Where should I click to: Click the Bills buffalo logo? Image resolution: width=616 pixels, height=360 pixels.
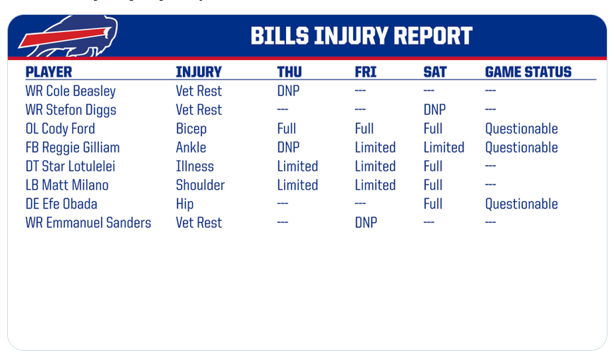click(69, 37)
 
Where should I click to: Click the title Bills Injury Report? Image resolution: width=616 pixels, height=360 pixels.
click(362, 36)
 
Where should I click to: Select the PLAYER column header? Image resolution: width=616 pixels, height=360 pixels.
click(49, 72)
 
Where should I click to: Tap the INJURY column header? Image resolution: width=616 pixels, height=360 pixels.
click(199, 72)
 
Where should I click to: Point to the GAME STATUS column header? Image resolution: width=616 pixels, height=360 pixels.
click(528, 72)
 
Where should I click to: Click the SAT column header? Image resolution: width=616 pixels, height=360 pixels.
click(435, 72)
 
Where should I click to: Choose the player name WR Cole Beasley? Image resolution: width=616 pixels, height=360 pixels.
click(71, 91)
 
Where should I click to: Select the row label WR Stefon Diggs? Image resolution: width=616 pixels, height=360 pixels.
click(71, 110)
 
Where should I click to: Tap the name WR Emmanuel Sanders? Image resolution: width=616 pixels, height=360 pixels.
click(88, 222)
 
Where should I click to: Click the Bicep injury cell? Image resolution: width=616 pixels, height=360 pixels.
click(191, 128)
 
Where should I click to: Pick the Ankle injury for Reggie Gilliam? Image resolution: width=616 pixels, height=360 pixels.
click(191, 148)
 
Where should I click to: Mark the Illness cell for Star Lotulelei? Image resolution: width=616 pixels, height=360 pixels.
click(195, 166)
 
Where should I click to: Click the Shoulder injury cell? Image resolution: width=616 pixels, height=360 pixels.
click(201, 185)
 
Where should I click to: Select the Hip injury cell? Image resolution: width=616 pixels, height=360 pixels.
click(184, 204)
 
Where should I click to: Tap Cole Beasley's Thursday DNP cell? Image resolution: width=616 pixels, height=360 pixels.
click(288, 91)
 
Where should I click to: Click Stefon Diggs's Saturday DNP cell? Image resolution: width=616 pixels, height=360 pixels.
click(434, 110)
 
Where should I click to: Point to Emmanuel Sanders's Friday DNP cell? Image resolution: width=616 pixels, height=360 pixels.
click(366, 222)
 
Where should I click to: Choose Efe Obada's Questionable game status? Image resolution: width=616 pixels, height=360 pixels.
click(521, 204)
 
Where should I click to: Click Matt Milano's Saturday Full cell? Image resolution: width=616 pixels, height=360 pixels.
click(433, 185)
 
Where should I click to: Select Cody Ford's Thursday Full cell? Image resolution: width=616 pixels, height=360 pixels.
click(286, 128)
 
